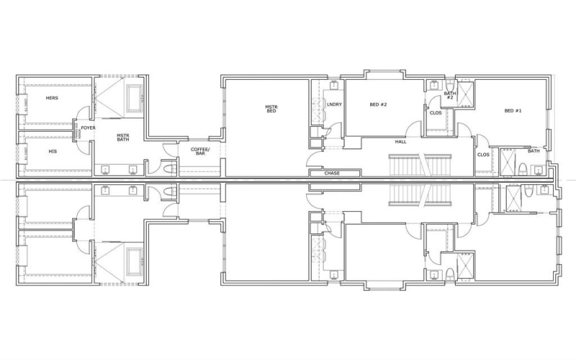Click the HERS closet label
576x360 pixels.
[x=52, y=98]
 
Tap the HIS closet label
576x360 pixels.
[x=52, y=151]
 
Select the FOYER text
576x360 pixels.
[x=88, y=127]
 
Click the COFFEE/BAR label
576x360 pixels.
[x=199, y=151]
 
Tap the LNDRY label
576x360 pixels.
[x=333, y=105]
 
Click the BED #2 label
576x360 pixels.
[x=379, y=105]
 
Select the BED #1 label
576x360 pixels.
[x=513, y=110]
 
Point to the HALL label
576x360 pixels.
[x=401, y=142]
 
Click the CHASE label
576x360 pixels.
[x=333, y=174]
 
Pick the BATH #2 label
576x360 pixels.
[x=449, y=94]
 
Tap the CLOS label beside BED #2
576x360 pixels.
[x=436, y=113]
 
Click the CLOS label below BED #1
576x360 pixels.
[x=482, y=155]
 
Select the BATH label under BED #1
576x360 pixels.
[x=534, y=151]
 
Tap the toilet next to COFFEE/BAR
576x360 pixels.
[x=168, y=168]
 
